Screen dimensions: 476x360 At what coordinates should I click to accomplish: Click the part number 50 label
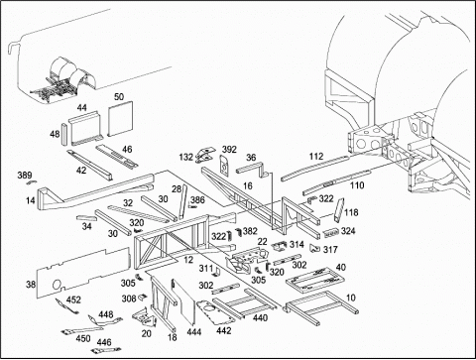pyautogui.click(x=119, y=97)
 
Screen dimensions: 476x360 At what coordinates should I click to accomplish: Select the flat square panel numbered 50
pyautogui.click(x=120, y=119)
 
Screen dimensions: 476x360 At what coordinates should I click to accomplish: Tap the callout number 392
pyautogui.click(x=229, y=150)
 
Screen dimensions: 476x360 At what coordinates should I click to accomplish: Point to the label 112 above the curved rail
pyautogui.click(x=316, y=157)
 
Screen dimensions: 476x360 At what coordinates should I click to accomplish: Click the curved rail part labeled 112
pyautogui.click(x=315, y=169)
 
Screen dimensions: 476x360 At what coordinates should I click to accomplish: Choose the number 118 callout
pyautogui.click(x=351, y=212)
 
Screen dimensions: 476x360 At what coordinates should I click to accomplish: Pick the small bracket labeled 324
pyautogui.click(x=331, y=233)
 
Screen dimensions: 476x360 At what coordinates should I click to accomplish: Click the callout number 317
pyautogui.click(x=330, y=250)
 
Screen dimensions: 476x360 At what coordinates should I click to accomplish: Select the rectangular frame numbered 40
pyautogui.click(x=315, y=281)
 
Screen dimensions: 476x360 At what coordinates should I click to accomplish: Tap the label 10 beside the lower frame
pyautogui.click(x=351, y=298)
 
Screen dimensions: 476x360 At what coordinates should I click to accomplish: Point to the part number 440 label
pyautogui.click(x=260, y=317)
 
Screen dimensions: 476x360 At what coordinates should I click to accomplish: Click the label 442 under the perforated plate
pyautogui.click(x=224, y=330)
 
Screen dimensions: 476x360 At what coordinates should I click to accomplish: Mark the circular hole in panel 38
pyautogui.click(x=57, y=285)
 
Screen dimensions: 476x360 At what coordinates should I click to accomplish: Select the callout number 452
pyautogui.click(x=73, y=300)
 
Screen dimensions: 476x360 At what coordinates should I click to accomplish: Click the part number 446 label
pyautogui.click(x=104, y=342)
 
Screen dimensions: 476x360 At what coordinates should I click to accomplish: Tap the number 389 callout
pyautogui.click(x=25, y=176)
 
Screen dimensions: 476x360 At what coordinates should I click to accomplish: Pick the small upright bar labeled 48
pyautogui.click(x=63, y=134)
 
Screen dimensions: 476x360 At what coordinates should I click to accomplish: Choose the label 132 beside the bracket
pyautogui.click(x=185, y=157)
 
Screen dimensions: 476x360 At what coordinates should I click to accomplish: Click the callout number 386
pyautogui.click(x=197, y=199)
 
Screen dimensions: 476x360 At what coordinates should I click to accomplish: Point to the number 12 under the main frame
pyautogui.click(x=188, y=260)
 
